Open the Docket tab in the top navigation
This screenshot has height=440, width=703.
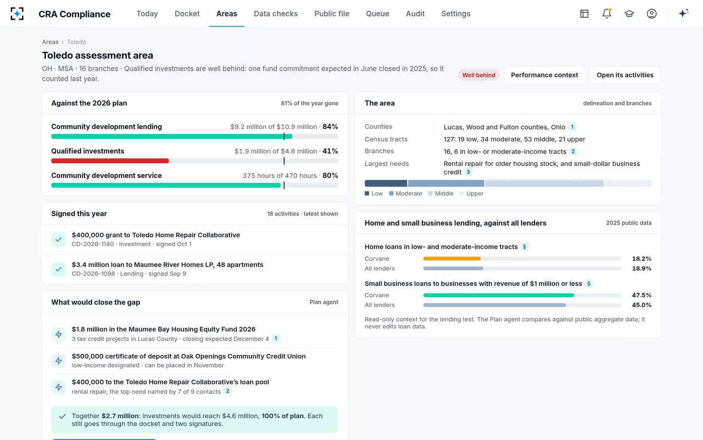tap(187, 14)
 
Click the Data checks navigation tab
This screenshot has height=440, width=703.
tap(275, 14)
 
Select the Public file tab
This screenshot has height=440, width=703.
tap(332, 14)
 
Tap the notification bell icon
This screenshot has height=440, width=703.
tap(607, 14)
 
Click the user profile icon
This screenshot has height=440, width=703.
tap(652, 14)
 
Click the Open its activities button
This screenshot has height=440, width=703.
tap(625, 75)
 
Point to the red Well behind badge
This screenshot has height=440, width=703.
tap(478, 75)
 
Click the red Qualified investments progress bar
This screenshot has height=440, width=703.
tap(110, 161)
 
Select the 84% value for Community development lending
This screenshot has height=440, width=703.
tap(330, 127)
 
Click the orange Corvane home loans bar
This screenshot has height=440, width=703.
tap(452, 259)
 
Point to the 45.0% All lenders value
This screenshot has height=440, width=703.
tap(641, 305)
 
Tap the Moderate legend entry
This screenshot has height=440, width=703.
tap(406, 194)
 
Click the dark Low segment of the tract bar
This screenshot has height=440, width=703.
tap(386, 183)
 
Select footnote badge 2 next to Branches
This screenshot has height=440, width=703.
tap(573, 152)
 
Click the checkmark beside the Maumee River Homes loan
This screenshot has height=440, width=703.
tap(59, 269)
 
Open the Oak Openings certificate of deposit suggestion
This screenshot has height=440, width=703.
tap(188, 360)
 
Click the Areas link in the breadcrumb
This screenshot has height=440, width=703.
tap(50, 42)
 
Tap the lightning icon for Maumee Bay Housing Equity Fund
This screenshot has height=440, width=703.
tap(59, 334)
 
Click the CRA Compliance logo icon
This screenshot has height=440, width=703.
tap(17, 14)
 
